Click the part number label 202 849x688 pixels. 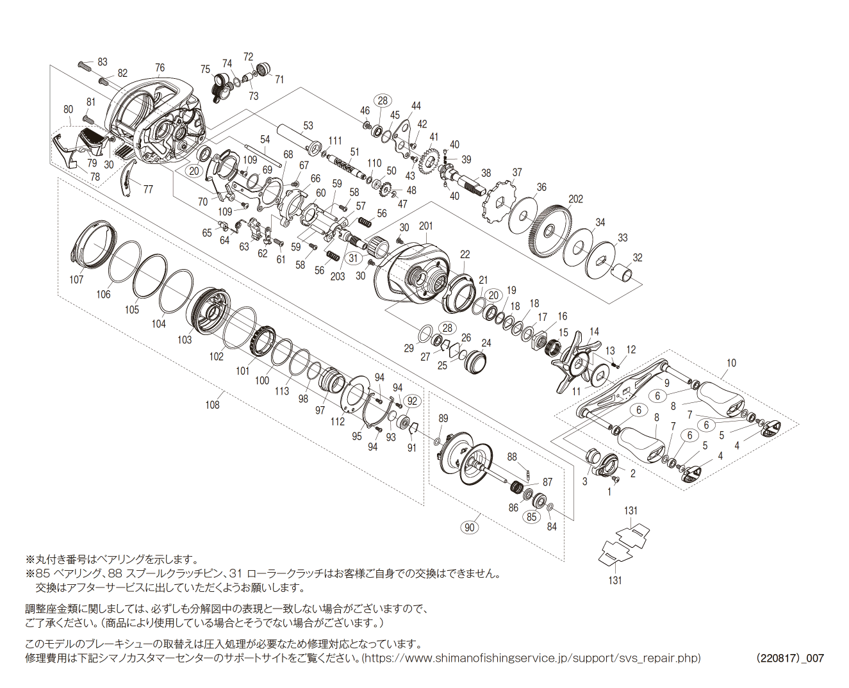(x=575, y=199)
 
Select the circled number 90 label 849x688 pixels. (x=470, y=527)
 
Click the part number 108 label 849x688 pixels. (x=212, y=404)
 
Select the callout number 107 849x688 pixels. (x=76, y=279)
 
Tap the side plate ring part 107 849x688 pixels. (x=94, y=243)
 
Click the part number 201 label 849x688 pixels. (x=425, y=225)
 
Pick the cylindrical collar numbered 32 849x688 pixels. (x=625, y=274)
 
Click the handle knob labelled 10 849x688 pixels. (x=721, y=397)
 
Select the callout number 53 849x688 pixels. (x=308, y=126)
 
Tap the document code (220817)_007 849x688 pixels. (x=789, y=658)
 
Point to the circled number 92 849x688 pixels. (x=412, y=402)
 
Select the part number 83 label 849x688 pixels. (x=103, y=62)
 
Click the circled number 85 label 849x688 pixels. (x=532, y=516)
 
